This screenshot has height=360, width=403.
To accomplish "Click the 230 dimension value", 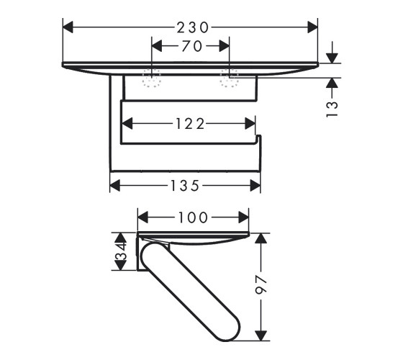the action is [193, 27].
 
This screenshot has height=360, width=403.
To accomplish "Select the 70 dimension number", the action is [192, 46].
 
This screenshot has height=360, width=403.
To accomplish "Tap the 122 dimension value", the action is [190, 124].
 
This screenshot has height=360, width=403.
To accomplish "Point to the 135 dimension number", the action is [185, 186].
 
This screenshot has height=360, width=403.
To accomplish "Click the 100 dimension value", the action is [193, 217].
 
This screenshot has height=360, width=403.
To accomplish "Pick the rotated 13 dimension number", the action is [332, 109].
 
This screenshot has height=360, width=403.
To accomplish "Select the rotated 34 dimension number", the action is [121, 252].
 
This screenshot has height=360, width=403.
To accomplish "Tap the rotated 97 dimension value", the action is [261, 285].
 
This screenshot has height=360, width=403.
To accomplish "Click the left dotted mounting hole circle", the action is [152, 78].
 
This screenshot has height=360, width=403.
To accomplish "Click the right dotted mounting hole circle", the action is [230, 78].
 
